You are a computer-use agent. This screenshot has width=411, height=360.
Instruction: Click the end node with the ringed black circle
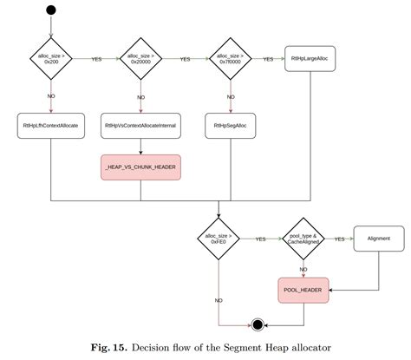[256, 324]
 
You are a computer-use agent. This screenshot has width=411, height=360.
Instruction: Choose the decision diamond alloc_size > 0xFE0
[219, 239]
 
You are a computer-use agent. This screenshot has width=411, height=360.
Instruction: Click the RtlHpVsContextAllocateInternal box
[141, 125]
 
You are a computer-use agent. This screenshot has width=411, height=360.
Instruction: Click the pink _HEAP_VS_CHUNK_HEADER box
[141, 167]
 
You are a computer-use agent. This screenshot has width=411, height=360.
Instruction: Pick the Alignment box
[379, 239]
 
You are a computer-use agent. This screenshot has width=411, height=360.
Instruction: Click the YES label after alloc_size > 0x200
[97, 59]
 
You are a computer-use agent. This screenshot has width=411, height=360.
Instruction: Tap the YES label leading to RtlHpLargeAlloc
[268, 59]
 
